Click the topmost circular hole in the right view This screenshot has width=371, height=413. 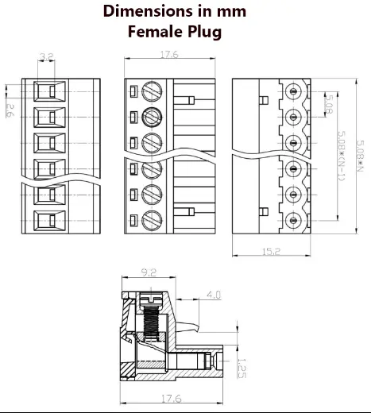coord(296,91)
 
